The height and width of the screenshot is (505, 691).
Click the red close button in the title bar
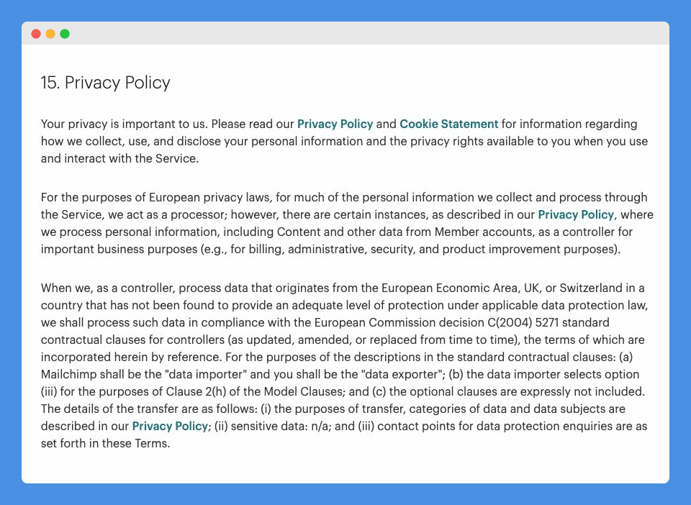(36, 34)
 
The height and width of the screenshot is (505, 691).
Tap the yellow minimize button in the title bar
(50, 34)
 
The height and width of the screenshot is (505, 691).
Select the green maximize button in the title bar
(65, 34)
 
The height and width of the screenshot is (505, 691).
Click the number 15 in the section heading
(49, 83)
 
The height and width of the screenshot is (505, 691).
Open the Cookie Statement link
(449, 124)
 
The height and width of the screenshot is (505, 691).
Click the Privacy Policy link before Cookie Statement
(335, 124)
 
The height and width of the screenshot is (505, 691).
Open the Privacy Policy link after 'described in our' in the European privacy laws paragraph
(576, 214)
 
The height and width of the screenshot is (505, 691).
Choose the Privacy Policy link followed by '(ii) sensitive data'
(170, 426)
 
